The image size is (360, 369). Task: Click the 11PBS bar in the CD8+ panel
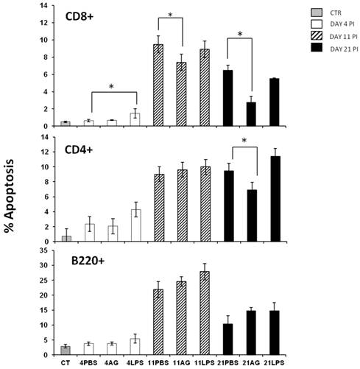(x=158, y=85)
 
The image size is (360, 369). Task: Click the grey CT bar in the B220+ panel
(x=66, y=350)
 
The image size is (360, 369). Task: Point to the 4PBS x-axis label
(x=88, y=362)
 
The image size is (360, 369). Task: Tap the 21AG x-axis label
(x=252, y=362)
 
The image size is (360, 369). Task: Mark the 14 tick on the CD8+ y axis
(x=49, y=6)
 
